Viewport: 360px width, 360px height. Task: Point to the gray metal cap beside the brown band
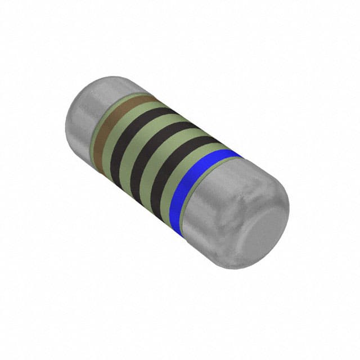[x=84, y=112]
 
